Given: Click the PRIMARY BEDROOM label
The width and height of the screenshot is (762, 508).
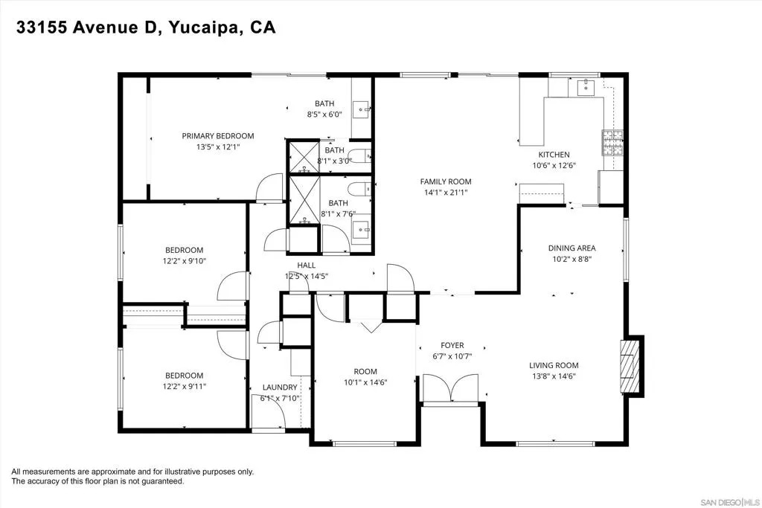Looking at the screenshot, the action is (x=218, y=136).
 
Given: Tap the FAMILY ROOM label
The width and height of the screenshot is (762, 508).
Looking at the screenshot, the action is (x=446, y=181).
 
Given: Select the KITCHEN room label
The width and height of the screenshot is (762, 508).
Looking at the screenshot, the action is (x=554, y=155).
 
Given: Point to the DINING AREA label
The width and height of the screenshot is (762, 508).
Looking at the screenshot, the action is (x=572, y=248).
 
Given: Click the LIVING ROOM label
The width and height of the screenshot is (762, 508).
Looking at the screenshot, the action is (x=554, y=365).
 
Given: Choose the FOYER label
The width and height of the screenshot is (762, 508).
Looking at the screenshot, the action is (x=452, y=345).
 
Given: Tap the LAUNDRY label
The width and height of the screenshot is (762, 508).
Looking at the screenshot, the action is (x=280, y=387).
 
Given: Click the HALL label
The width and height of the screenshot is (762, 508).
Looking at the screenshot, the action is (x=306, y=266).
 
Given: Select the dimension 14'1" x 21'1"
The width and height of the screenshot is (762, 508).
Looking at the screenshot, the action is (x=446, y=193).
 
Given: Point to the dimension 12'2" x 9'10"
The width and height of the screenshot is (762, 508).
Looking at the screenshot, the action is (x=185, y=261).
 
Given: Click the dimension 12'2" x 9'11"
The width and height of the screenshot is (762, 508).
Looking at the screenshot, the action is (x=185, y=387).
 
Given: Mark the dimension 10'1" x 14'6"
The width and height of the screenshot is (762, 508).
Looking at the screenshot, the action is (x=365, y=382).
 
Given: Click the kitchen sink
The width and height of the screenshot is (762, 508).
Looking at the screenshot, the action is (x=586, y=88).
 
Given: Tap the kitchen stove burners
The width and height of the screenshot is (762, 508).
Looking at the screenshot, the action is (x=612, y=143).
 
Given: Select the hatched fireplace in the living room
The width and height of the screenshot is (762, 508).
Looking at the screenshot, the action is (x=630, y=366).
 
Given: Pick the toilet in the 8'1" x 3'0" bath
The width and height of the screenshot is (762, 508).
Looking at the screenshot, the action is (x=359, y=156).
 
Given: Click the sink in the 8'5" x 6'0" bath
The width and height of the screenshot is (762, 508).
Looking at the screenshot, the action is (x=361, y=110).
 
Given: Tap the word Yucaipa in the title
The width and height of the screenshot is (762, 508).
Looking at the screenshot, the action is (x=205, y=28).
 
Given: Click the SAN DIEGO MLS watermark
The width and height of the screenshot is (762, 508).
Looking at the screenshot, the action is (x=729, y=501).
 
